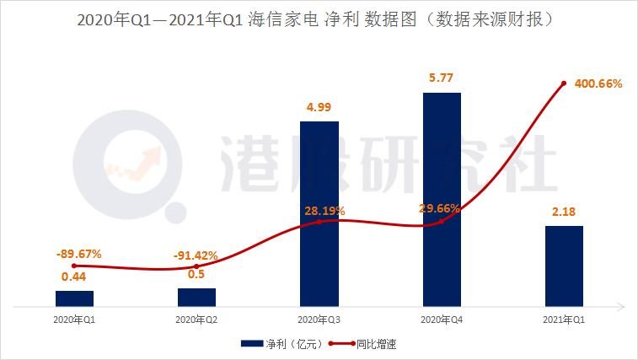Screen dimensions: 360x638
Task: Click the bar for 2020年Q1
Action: [74, 298]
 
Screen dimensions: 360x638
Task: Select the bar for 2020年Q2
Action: [196, 297]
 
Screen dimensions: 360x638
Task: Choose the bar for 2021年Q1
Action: [563, 266]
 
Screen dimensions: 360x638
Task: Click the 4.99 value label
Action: [319, 107]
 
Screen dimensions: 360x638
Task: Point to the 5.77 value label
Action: [441, 78]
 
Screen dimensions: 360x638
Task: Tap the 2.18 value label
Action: [563, 212]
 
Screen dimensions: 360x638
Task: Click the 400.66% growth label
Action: [598, 84]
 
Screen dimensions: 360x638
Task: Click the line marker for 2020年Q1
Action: [74, 266]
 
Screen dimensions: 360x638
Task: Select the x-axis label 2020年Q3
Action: [319, 320]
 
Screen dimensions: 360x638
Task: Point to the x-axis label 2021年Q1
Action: [563, 320]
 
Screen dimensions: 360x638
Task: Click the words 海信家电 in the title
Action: [285, 19]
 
